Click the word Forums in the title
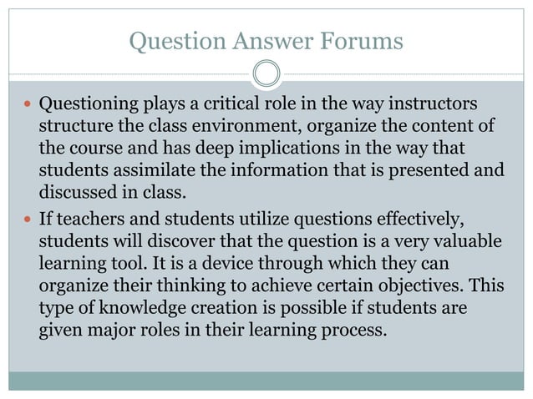point(365,39)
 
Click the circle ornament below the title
point(266,74)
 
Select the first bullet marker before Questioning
point(28,106)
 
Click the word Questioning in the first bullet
point(88,105)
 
